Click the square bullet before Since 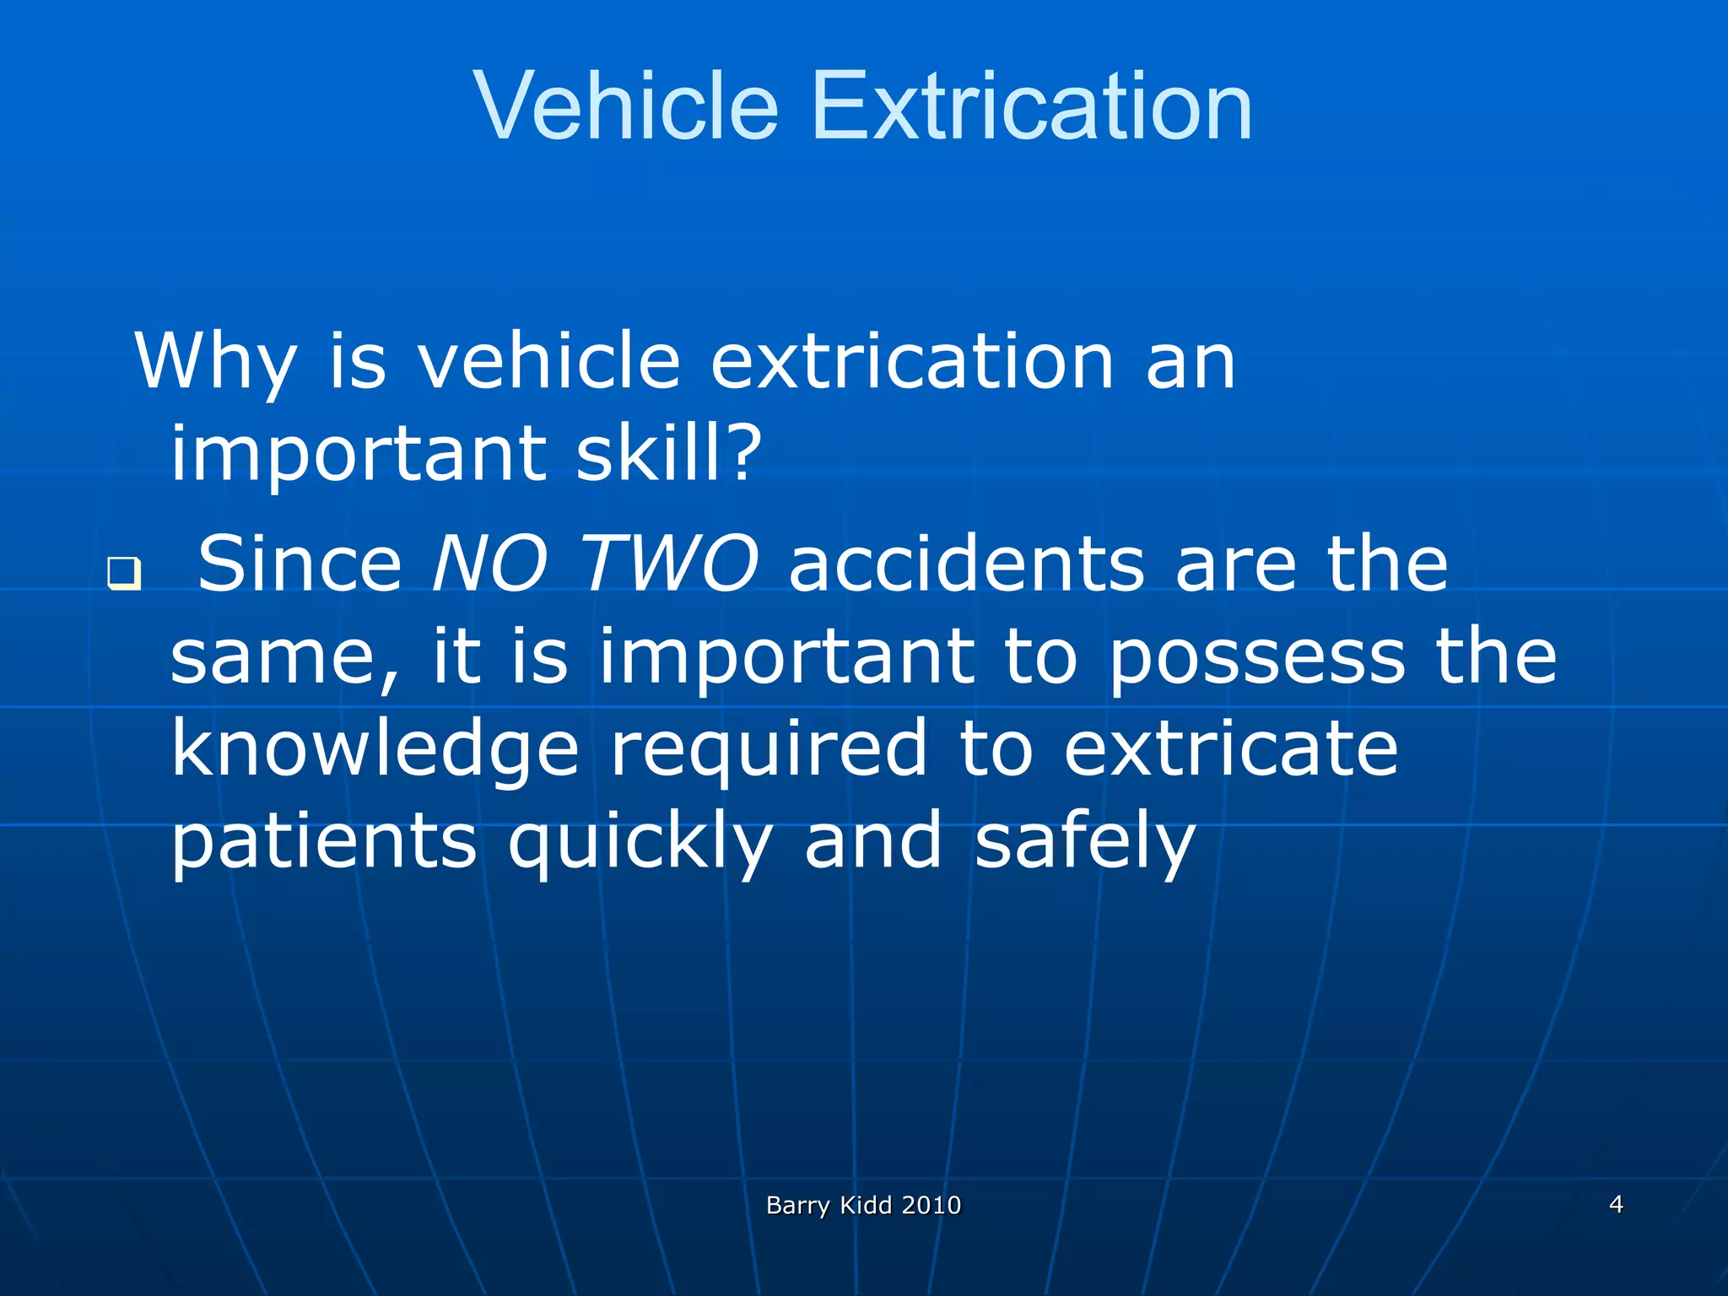click(123, 575)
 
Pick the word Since click(300, 564)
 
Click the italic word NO click(489, 564)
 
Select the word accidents click(966, 564)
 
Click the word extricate click(1230, 749)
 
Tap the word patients click(324, 842)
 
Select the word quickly click(640, 842)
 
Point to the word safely click(1085, 842)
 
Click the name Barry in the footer click(797, 1206)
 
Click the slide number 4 click(1616, 1204)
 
